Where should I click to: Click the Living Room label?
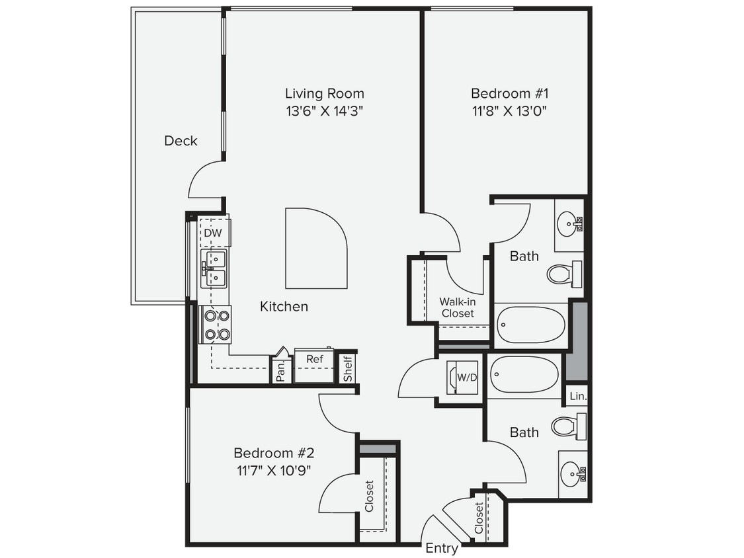[x=324, y=93]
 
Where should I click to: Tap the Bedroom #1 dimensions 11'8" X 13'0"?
[x=509, y=110]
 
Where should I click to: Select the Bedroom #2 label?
[x=273, y=454]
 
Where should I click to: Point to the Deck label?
[x=181, y=141]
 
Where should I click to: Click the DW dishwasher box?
[x=212, y=233]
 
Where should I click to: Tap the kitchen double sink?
[x=214, y=268]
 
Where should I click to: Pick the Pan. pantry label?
[x=280, y=371]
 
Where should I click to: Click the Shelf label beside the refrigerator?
[x=348, y=369]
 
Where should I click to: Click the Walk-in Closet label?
[x=458, y=307]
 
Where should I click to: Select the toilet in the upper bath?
[x=563, y=272]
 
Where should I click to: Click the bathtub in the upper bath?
[x=530, y=324]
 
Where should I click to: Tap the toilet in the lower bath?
[x=567, y=426]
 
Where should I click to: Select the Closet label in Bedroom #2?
[x=369, y=496]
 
